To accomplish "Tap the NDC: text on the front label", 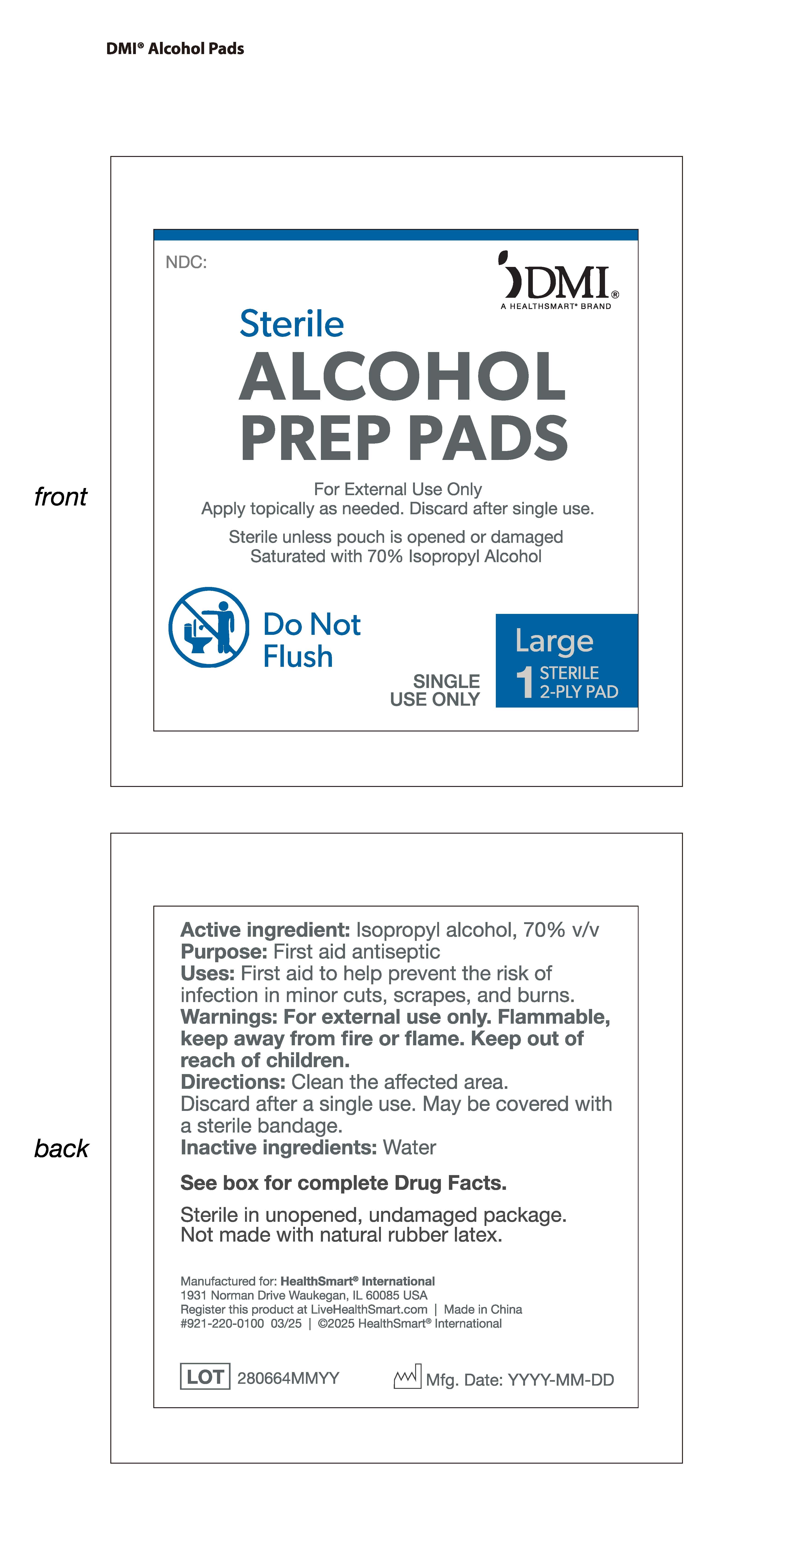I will click(186, 262).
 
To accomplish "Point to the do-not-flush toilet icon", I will click(208, 627).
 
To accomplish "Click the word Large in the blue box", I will click(554, 641).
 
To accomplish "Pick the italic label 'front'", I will click(60, 497).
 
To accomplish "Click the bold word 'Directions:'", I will click(233, 1082).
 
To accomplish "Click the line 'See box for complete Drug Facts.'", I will click(344, 1183).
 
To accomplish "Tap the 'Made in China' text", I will click(482, 1309).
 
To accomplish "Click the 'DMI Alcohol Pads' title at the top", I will click(175, 49).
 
